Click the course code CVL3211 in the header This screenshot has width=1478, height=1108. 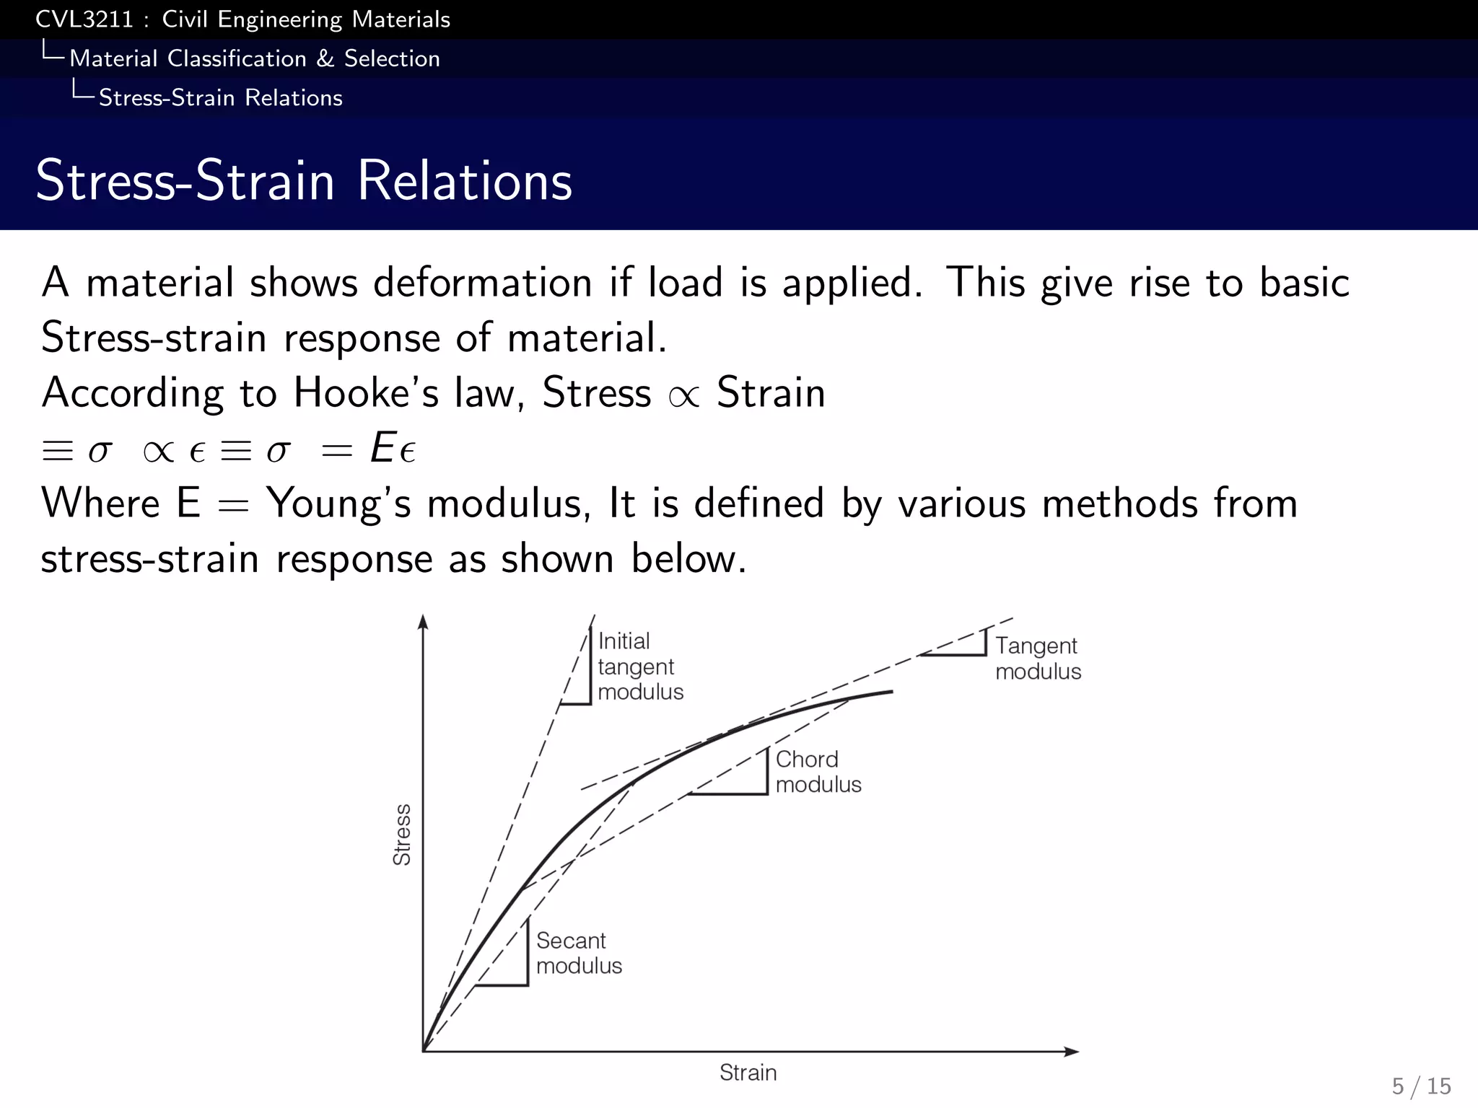(x=84, y=19)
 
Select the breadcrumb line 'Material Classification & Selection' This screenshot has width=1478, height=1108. (x=254, y=58)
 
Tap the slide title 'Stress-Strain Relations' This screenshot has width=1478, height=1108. (x=304, y=180)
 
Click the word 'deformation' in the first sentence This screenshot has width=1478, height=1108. (x=483, y=282)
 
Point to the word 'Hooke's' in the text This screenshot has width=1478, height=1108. (x=366, y=393)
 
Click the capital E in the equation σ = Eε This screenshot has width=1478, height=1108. (x=382, y=448)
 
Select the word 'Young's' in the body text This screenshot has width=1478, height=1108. (x=338, y=504)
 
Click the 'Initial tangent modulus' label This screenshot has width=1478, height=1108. (x=639, y=667)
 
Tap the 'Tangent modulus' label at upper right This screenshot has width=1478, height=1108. (x=1038, y=658)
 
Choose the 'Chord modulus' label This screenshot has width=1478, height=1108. (x=818, y=772)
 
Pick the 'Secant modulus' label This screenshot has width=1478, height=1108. (x=578, y=953)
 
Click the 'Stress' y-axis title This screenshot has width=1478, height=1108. (x=402, y=835)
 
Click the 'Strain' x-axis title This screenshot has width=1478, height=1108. (x=748, y=1073)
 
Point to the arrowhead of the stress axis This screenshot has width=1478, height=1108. (x=424, y=622)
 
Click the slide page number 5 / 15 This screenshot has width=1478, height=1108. (x=1421, y=1086)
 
